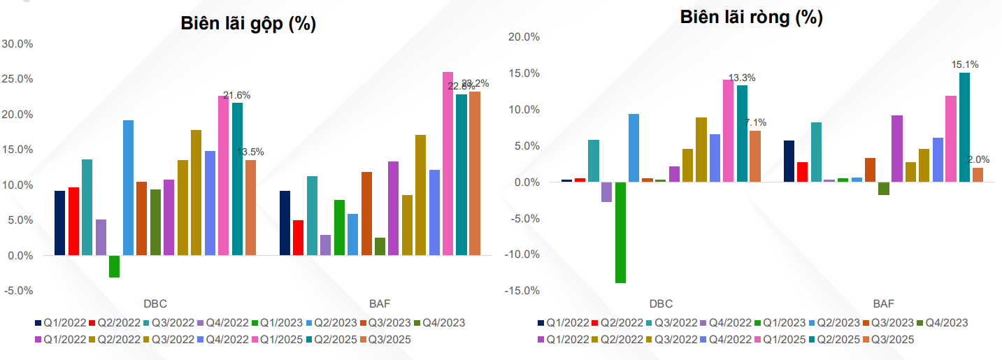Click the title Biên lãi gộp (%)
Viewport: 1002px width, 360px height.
(x=248, y=24)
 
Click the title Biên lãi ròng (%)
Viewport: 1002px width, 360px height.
(x=751, y=18)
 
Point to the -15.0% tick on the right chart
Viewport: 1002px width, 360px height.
(x=521, y=291)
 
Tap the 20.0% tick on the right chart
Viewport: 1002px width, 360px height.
(x=522, y=37)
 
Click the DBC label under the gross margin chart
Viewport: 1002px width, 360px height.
(x=155, y=303)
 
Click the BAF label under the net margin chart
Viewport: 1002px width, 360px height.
(x=883, y=303)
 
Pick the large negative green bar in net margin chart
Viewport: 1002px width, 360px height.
(x=620, y=232)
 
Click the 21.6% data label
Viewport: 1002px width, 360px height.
(x=236, y=95)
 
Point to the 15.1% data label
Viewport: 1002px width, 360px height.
(x=965, y=64)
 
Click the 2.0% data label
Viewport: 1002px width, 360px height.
(x=978, y=159)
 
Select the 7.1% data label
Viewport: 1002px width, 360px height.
(x=755, y=122)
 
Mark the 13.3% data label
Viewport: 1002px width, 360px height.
(x=742, y=78)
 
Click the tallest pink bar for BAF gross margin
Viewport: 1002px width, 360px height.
(x=448, y=164)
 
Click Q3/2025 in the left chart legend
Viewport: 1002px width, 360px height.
(x=387, y=340)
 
